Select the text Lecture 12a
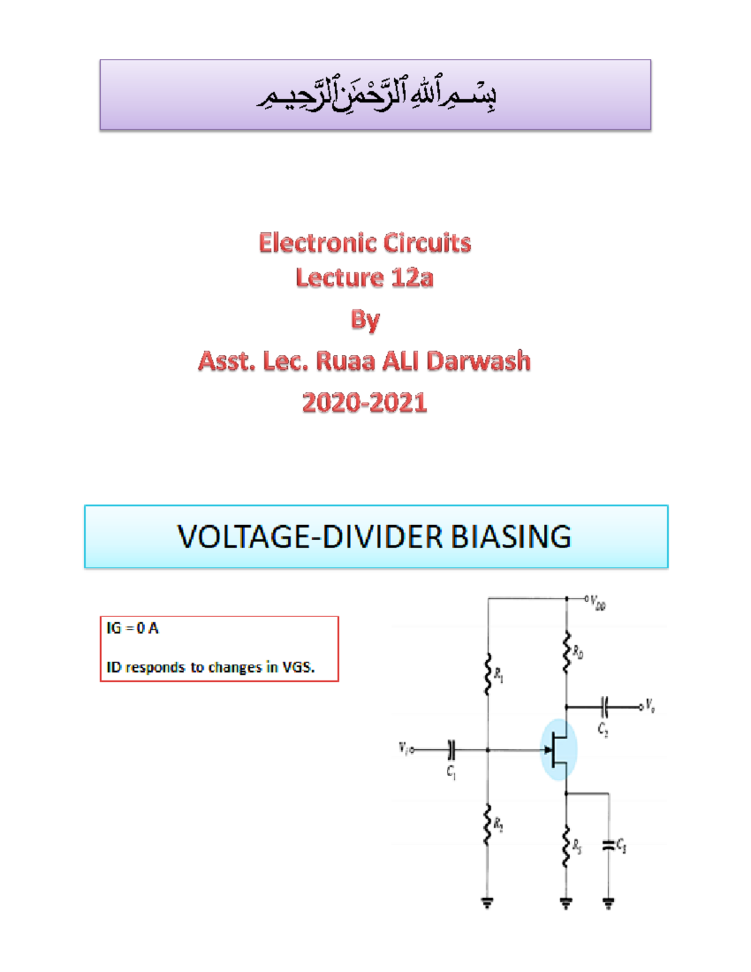[364, 277]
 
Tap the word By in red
[365, 319]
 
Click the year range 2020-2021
[364, 402]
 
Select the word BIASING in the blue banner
[511, 537]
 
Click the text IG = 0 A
[133, 628]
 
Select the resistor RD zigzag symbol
[566, 653]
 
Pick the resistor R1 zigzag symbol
[488, 674]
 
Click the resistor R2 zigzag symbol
[488, 824]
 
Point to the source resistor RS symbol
[566, 846]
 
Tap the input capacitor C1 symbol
[451, 749]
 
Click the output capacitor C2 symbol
[604, 707]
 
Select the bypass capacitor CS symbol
[608, 846]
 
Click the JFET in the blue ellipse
[558, 749]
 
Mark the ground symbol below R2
[488, 902]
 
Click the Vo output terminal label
[650, 707]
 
